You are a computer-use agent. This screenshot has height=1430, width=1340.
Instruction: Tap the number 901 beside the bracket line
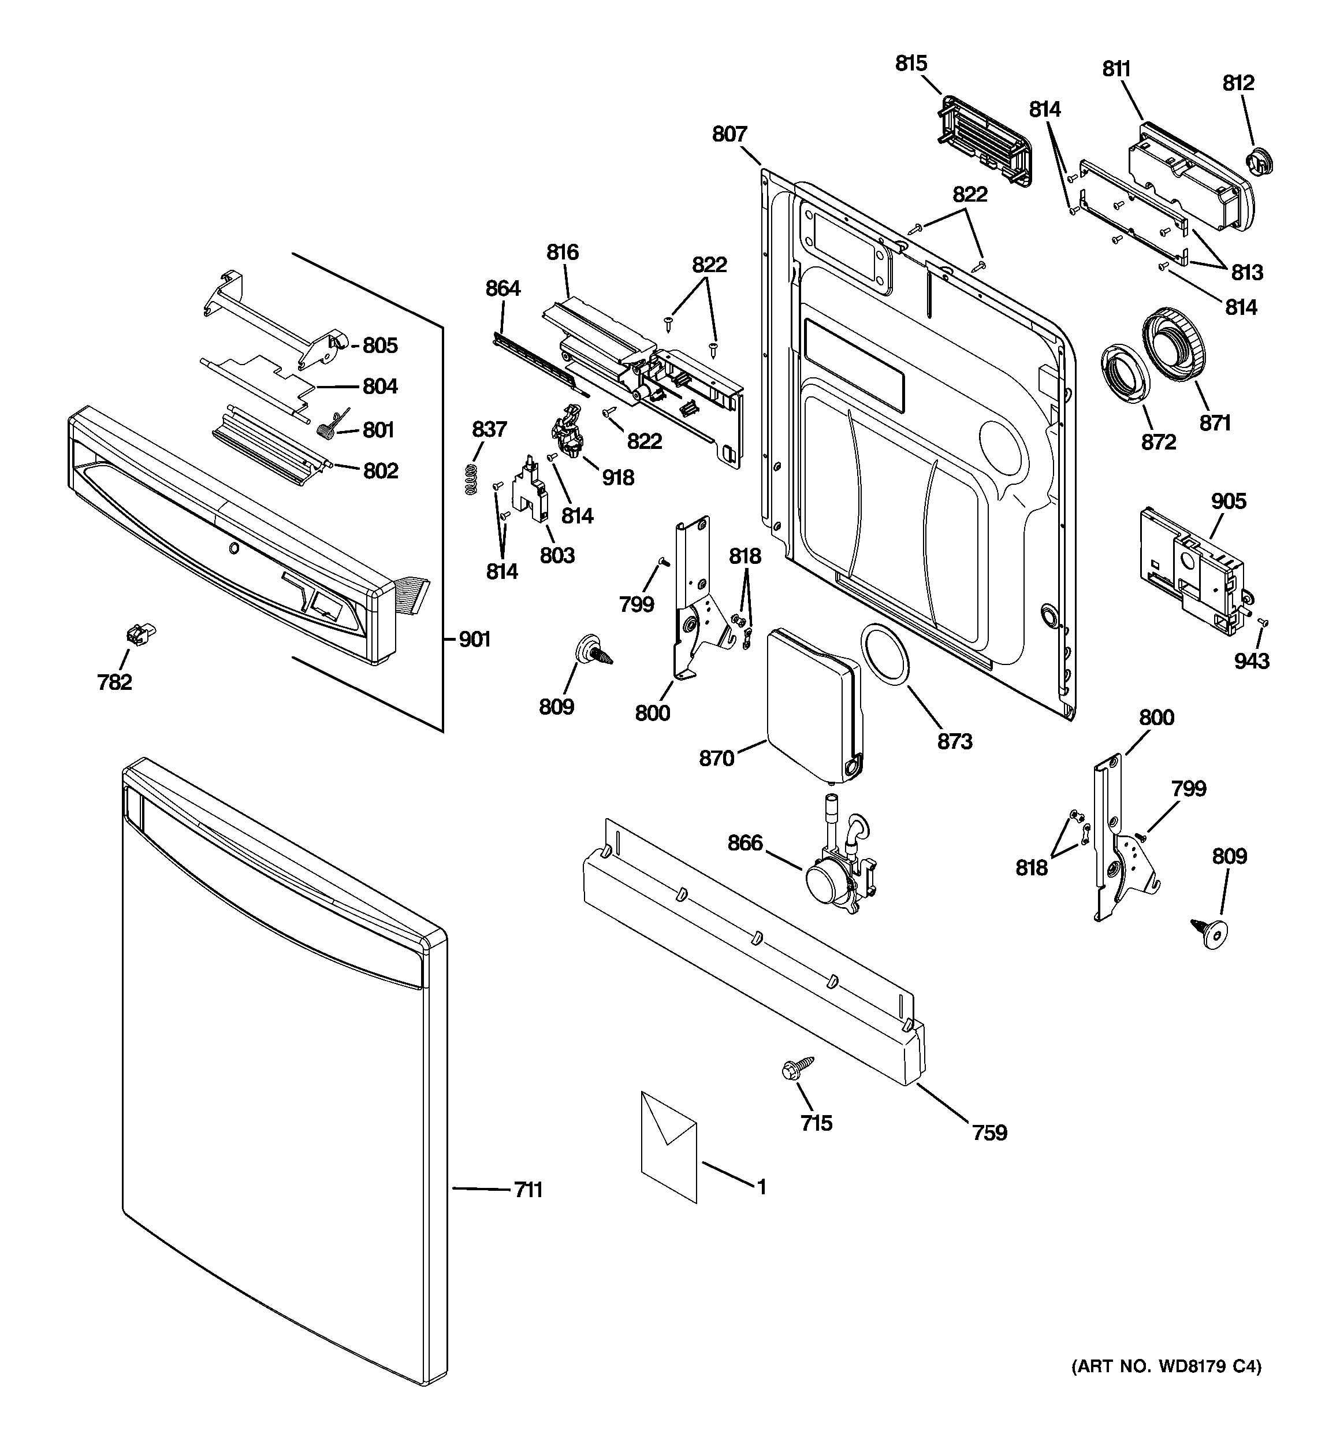(475, 639)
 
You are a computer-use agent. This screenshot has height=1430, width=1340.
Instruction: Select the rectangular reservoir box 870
(813, 702)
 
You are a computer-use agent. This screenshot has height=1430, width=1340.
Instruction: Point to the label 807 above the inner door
(729, 134)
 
